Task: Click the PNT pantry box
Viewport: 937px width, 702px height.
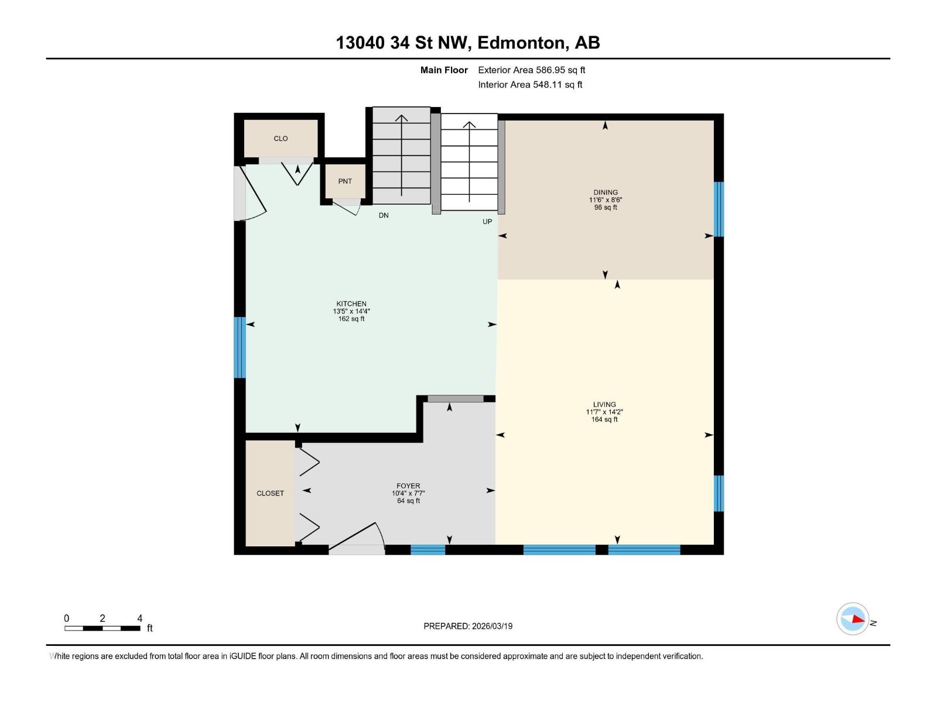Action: [345, 181]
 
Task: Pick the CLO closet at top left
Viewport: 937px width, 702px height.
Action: [281, 139]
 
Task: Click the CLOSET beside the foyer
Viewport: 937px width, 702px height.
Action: [270, 493]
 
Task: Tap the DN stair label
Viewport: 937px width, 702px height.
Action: [384, 215]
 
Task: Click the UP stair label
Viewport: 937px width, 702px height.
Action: [487, 222]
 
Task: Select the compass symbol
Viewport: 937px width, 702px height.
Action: [853, 619]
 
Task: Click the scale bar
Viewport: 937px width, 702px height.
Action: [102, 628]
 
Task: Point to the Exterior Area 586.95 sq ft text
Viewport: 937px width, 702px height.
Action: [531, 70]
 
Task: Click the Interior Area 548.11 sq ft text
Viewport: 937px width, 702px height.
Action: [530, 85]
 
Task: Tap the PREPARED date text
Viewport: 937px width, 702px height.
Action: [468, 626]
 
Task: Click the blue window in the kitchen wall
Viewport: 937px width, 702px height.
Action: [239, 347]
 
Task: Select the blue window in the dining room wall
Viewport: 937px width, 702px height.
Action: [719, 209]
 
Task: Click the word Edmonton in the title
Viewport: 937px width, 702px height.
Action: [522, 43]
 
